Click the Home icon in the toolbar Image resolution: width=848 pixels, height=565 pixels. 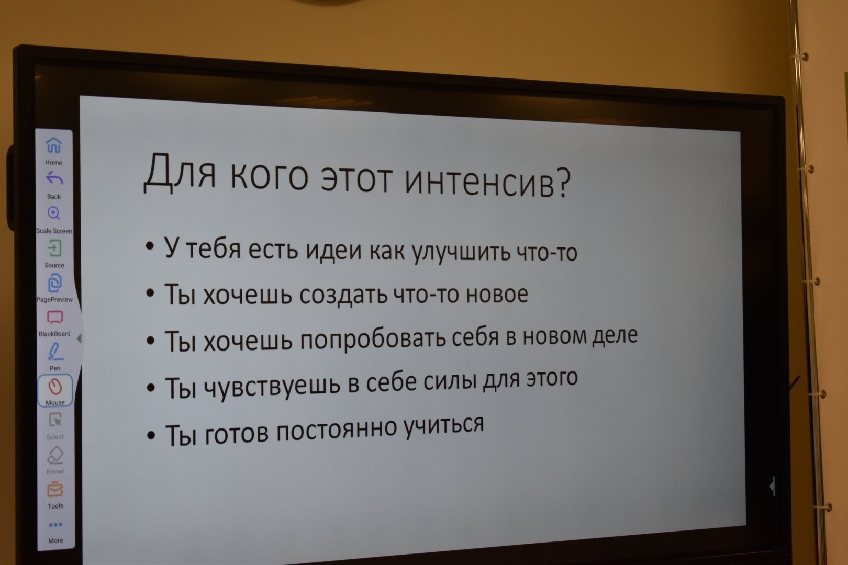click(x=54, y=145)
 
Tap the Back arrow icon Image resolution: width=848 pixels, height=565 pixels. click(x=54, y=178)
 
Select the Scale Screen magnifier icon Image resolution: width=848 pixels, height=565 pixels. click(x=54, y=213)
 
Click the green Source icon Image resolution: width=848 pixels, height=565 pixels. click(x=54, y=248)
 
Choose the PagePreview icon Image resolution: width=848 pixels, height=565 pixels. click(x=55, y=283)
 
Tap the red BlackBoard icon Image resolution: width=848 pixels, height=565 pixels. click(x=55, y=318)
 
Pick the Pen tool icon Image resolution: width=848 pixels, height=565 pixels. click(x=55, y=352)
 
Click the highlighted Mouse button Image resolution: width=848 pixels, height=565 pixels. click(x=55, y=391)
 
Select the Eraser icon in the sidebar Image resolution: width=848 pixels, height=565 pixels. click(x=55, y=455)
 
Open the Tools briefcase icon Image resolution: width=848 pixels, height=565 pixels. click(x=55, y=489)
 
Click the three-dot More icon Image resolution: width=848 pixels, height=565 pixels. click(x=55, y=525)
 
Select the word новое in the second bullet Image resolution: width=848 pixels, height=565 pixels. click(x=496, y=293)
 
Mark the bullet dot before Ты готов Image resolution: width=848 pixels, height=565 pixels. click(x=151, y=435)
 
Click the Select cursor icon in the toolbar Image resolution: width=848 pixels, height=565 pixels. click(x=55, y=420)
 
